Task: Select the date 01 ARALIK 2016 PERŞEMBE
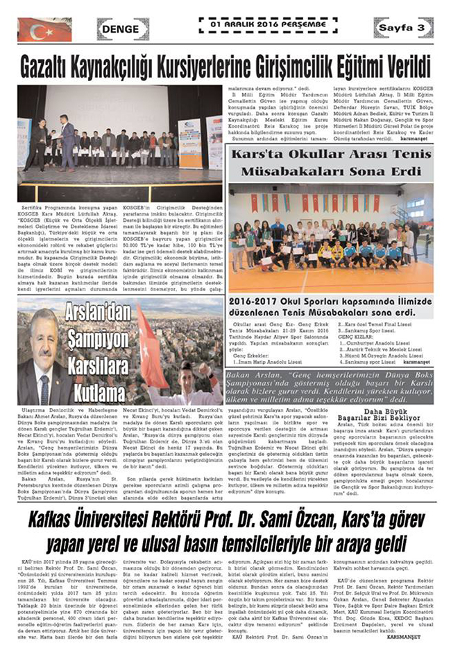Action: click(x=262, y=22)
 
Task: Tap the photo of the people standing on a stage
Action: click(x=119, y=142)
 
